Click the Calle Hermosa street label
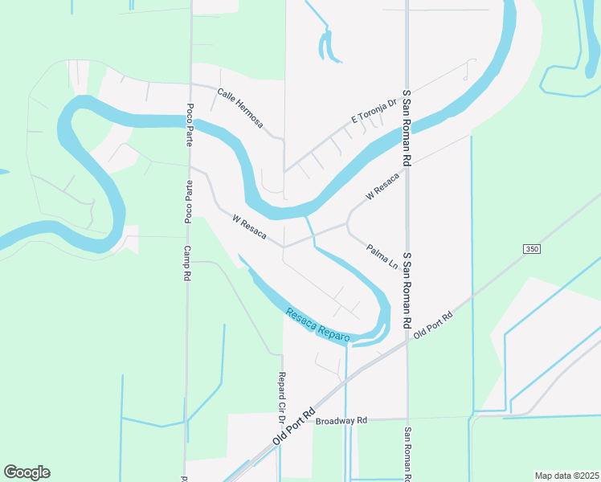pyautogui.click(x=239, y=108)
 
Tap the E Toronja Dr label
pyautogui.click(x=374, y=112)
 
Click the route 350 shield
pyautogui.click(x=531, y=250)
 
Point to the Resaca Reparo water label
pyautogui.click(x=318, y=324)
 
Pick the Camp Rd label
pyautogui.click(x=186, y=263)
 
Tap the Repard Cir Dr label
pyautogui.click(x=282, y=397)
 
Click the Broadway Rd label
pyautogui.click(x=341, y=420)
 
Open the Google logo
pyautogui.click(x=27, y=472)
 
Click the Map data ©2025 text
pyautogui.click(x=566, y=475)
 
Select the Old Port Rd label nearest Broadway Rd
pyautogui.click(x=295, y=426)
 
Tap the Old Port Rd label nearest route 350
pyautogui.click(x=435, y=324)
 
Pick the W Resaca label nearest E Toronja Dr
pyautogui.click(x=382, y=186)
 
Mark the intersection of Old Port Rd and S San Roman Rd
pyautogui.click(x=407, y=337)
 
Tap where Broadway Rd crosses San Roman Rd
pyautogui.click(x=407, y=418)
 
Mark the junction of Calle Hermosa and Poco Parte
pyautogui.click(x=190, y=84)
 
